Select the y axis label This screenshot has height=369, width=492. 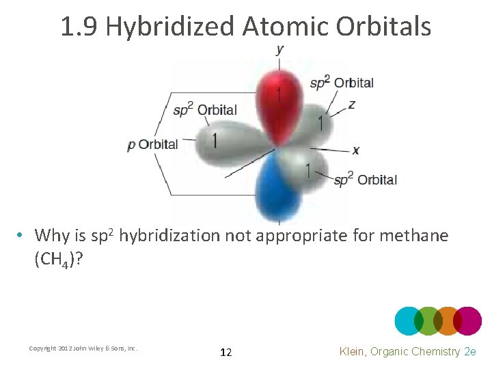pyautogui.click(x=280, y=49)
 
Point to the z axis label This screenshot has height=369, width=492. pyautogui.click(x=351, y=105)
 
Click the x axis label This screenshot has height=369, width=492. pyautogui.click(x=356, y=150)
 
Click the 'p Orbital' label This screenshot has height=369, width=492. pyautogui.click(x=152, y=145)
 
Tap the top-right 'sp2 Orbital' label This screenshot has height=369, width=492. pyautogui.click(x=342, y=83)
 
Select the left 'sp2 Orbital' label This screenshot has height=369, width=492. pyautogui.click(x=204, y=110)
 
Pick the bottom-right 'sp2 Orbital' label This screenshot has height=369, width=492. pyautogui.click(x=365, y=180)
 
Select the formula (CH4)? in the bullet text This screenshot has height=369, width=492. pyautogui.click(x=58, y=260)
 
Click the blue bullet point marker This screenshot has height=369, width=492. pyautogui.click(x=22, y=236)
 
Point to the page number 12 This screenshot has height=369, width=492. pyautogui.click(x=226, y=353)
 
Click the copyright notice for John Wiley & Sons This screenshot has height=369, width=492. pyautogui.click(x=83, y=348)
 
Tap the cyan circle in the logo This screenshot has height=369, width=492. pyautogui.click(x=409, y=320)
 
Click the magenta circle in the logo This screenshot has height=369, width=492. pyautogui.click(x=467, y=320)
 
